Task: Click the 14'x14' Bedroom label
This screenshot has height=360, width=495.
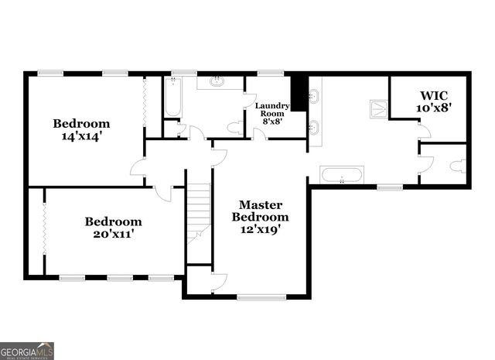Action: (x=81, y=129)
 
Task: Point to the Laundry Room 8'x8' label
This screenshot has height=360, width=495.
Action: (x=273, y=113)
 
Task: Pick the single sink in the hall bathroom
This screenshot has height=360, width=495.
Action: (x=218, y=81)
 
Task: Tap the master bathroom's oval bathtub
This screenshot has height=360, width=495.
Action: (x=341, y=175)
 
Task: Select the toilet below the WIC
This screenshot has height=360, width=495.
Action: (x=458, y=165)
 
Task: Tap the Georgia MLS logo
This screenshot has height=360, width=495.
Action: (x=27, y=351)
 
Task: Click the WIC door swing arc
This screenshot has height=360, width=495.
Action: (x=424, y=132)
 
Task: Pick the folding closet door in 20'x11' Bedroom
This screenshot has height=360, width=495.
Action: (x=44, y=229)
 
